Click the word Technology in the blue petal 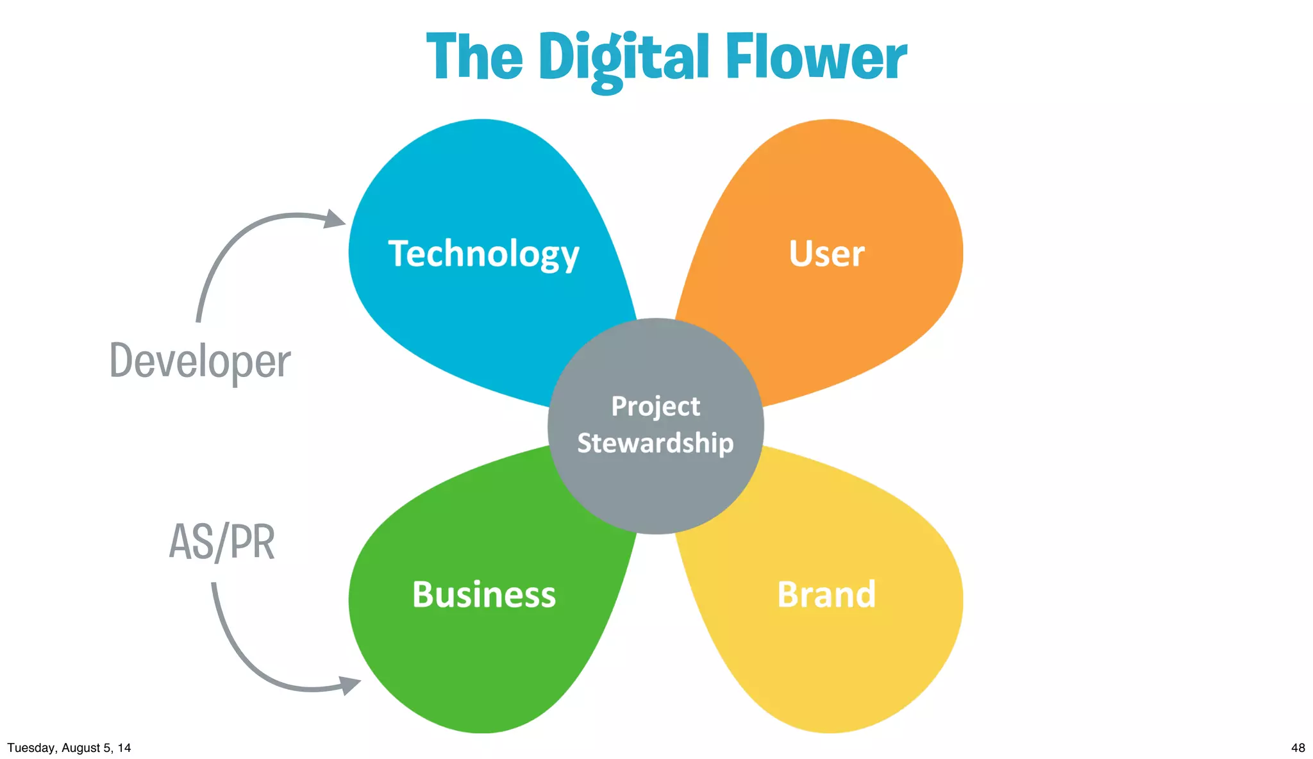[x=483, y=254]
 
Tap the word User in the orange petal [x=826, y=254]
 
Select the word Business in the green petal [x=484, y=594]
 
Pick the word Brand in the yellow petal [x=826, y=594]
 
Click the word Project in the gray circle [x=655, y=406]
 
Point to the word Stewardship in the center [x=655, y=443]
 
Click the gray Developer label [x=200, y=362]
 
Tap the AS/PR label [x=222, y=542]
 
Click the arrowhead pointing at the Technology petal [x=335, y=219]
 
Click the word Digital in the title [x=623, y=58]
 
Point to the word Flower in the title [x=815, y=58]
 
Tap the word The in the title [x=474, y=58]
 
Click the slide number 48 [x=1298, y=747]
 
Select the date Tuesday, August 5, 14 [x=69, y=747]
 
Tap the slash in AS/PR [x=221, y=542]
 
